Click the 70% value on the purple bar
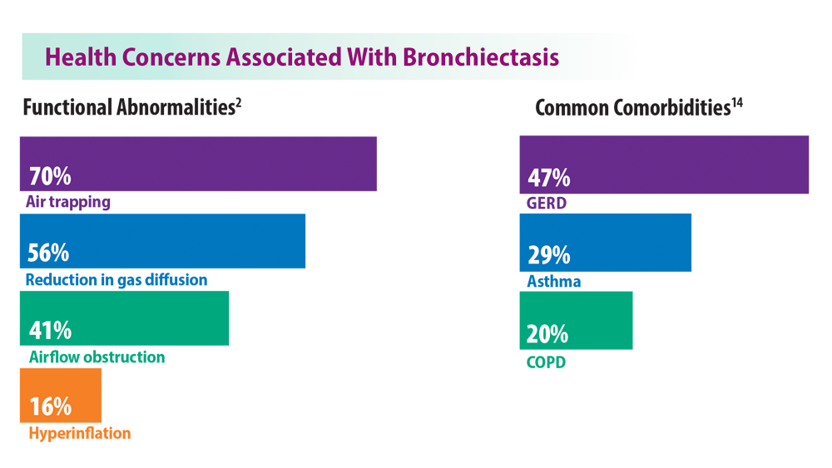click(x=50, y=176)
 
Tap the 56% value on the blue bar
click(x=48, y=253)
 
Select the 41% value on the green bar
click(x=51, y=330)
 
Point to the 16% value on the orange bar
click(x=51, y=406)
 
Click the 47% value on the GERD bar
click(x=548, y=178)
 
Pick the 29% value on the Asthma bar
click(x=548, y=255)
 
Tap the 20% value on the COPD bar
click(x=547, y=334)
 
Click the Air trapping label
click(x=68, y=202)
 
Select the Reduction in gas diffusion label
click(x=116, y=280)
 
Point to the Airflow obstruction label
click(x=97, y=357)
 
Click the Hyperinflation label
click(x=80, y=434)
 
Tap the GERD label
click(x=546, y=203)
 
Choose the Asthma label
click(x=553, y=281)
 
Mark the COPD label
click(x=546, y=362)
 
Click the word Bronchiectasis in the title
click(x=481, y=57)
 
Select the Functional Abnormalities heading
click(x=129, y=107)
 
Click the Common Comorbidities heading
click(x=632, y=107)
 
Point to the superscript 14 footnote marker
click(x=737, y=103)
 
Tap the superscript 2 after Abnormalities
click(x=239, y=103)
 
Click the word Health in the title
click(x=81, y=57)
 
